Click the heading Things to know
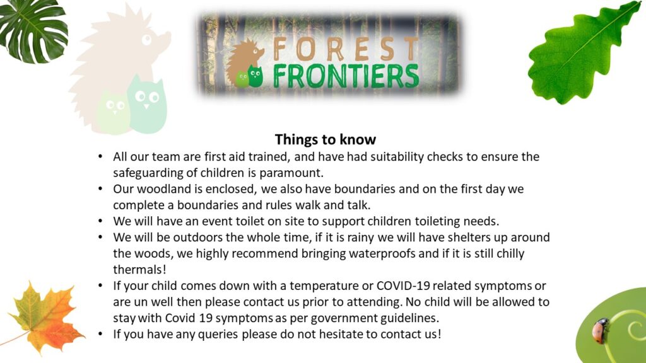(325, 139)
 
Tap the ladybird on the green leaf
(601, 330)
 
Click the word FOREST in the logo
(345, 49)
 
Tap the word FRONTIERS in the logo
(345, 76)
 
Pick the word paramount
(291, 173)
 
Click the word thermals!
(139, 270)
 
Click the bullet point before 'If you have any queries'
(100, 334)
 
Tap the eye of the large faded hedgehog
(146, 40)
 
